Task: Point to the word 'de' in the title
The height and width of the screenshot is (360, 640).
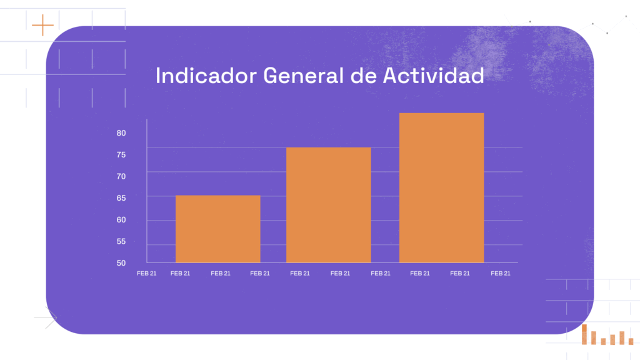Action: click(362, 76)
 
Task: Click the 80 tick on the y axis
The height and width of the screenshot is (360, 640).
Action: click(121, 133)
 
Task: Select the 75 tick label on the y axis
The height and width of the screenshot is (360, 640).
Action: click(121, 154)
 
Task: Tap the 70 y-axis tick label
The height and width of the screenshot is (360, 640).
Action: click(121, 176)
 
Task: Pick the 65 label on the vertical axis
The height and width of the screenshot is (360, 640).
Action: click(121, 198)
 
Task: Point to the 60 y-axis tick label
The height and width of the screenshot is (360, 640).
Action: click(121, 219)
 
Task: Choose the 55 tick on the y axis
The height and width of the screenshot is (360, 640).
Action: click(121, 241)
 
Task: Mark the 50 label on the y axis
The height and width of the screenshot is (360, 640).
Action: click(121, 262)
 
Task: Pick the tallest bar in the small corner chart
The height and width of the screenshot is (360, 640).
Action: click(584, 334)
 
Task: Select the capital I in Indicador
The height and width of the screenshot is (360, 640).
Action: click(158, 76)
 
